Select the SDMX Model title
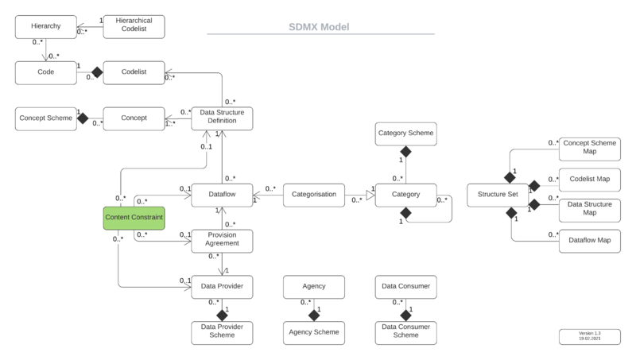tap(319, 27)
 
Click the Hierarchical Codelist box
tap(134, 27)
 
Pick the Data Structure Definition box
tap(222, 118)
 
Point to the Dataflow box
tap(222, 192)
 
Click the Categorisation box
tap(313, 192)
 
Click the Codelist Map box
tap(589, 179)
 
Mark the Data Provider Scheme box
tap(222, 331)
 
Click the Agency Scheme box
tap(313, 331)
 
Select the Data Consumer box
tap(405, 285)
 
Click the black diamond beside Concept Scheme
tap(81, 118)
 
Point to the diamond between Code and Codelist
tap(97, 72)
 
